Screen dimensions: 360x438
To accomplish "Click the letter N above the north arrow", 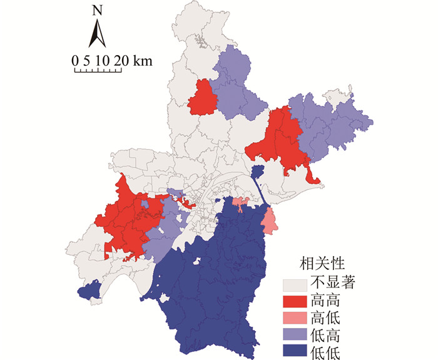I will coord(96,10).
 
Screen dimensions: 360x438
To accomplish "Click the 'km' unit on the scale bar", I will coord(143,61).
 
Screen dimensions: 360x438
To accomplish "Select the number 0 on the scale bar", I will coord(75,61).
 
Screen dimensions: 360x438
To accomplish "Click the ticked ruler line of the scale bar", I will coord(100,69).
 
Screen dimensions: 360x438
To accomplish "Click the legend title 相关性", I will coord(320,262).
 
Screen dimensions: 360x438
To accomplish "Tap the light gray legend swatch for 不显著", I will coord(293,284).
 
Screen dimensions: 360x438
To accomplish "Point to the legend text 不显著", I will coord(330,283).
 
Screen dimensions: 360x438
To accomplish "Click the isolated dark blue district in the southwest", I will coord(90,291).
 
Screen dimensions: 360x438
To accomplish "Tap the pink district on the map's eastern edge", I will coord(269,221).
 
